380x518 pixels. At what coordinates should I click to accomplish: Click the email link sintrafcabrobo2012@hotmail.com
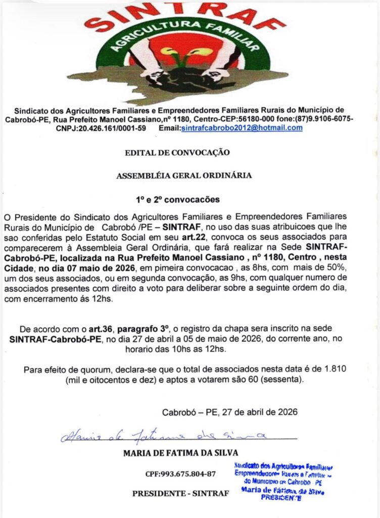tap(242, 128)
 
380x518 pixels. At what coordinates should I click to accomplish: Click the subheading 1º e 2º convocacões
tap(176, 199)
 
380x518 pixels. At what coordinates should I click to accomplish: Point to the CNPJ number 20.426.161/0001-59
tap(101, 128)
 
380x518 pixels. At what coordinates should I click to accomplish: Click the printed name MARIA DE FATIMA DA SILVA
tap(180, 453)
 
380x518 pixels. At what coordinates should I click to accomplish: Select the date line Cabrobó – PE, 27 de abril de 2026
tap(229, 411)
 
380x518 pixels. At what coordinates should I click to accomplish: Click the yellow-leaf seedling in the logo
tap(179, 56)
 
